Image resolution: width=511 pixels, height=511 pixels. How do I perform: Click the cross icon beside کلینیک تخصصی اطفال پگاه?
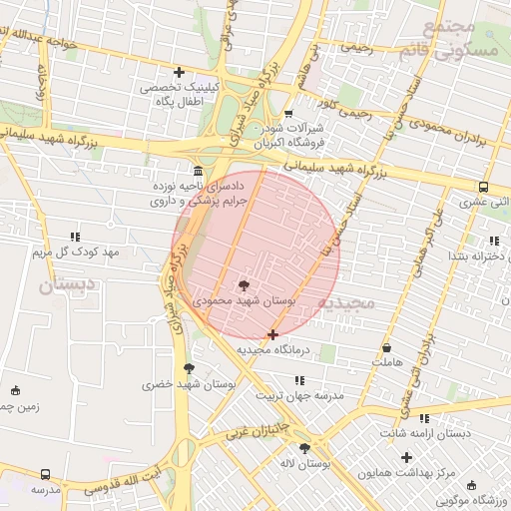pos(179,72)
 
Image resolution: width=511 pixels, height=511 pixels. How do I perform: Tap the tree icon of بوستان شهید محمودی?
pos(243,287)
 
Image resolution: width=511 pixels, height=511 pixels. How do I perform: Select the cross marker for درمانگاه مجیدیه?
pos(273,335)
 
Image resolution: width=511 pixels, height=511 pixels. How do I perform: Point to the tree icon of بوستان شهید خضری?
pos(189,368)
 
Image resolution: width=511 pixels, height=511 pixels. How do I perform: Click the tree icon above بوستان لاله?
pos(304,449)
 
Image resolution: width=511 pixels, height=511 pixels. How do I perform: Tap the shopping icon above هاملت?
pos(386,347)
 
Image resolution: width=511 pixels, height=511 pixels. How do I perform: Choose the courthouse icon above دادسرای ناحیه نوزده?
pos(197,171)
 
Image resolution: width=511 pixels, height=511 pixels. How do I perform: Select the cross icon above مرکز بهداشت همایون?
pos(406,457)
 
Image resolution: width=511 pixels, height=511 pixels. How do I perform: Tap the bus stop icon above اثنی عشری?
pos(484,187)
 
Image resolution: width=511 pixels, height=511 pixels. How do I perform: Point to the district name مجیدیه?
pos(349,301)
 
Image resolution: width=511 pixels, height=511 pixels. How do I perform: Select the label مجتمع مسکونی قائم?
pos(465,39)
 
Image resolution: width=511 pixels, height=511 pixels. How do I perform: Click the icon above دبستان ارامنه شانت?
pos(425,418)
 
